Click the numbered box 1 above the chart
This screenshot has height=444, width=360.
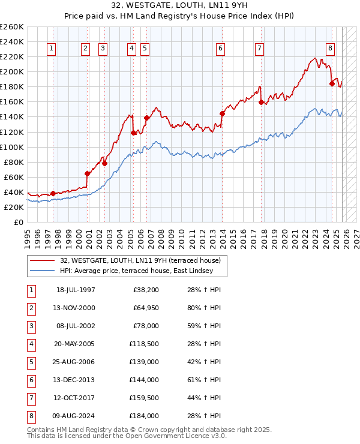coord(52,49)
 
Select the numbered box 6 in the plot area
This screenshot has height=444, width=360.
coord(221,49)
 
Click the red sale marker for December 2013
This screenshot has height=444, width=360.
coord(222,113)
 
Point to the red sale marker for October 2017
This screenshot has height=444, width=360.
coord(261,102)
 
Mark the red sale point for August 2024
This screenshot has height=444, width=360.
coord(331,83)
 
